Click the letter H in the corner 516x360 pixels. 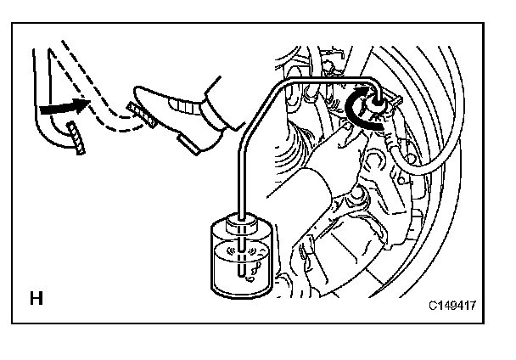[x=36, y=299]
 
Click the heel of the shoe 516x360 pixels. [x=191, y=143]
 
